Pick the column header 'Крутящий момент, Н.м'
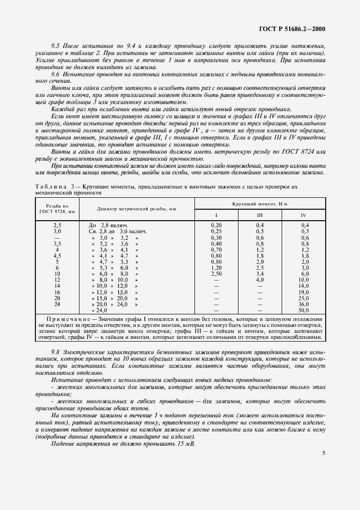(x=259, y=203)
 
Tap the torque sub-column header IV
(x=303, y=215)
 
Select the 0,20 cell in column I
(x=216, y=225)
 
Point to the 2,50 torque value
(x=216, y=274)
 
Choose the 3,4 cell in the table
(x=260, y=274)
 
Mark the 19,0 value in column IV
(x=303, y=292)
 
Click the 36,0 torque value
(x=303, y=304)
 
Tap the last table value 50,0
(x=303, y=310)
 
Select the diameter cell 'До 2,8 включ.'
(x=108, y=225)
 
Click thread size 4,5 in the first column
(x=57, y=255)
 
